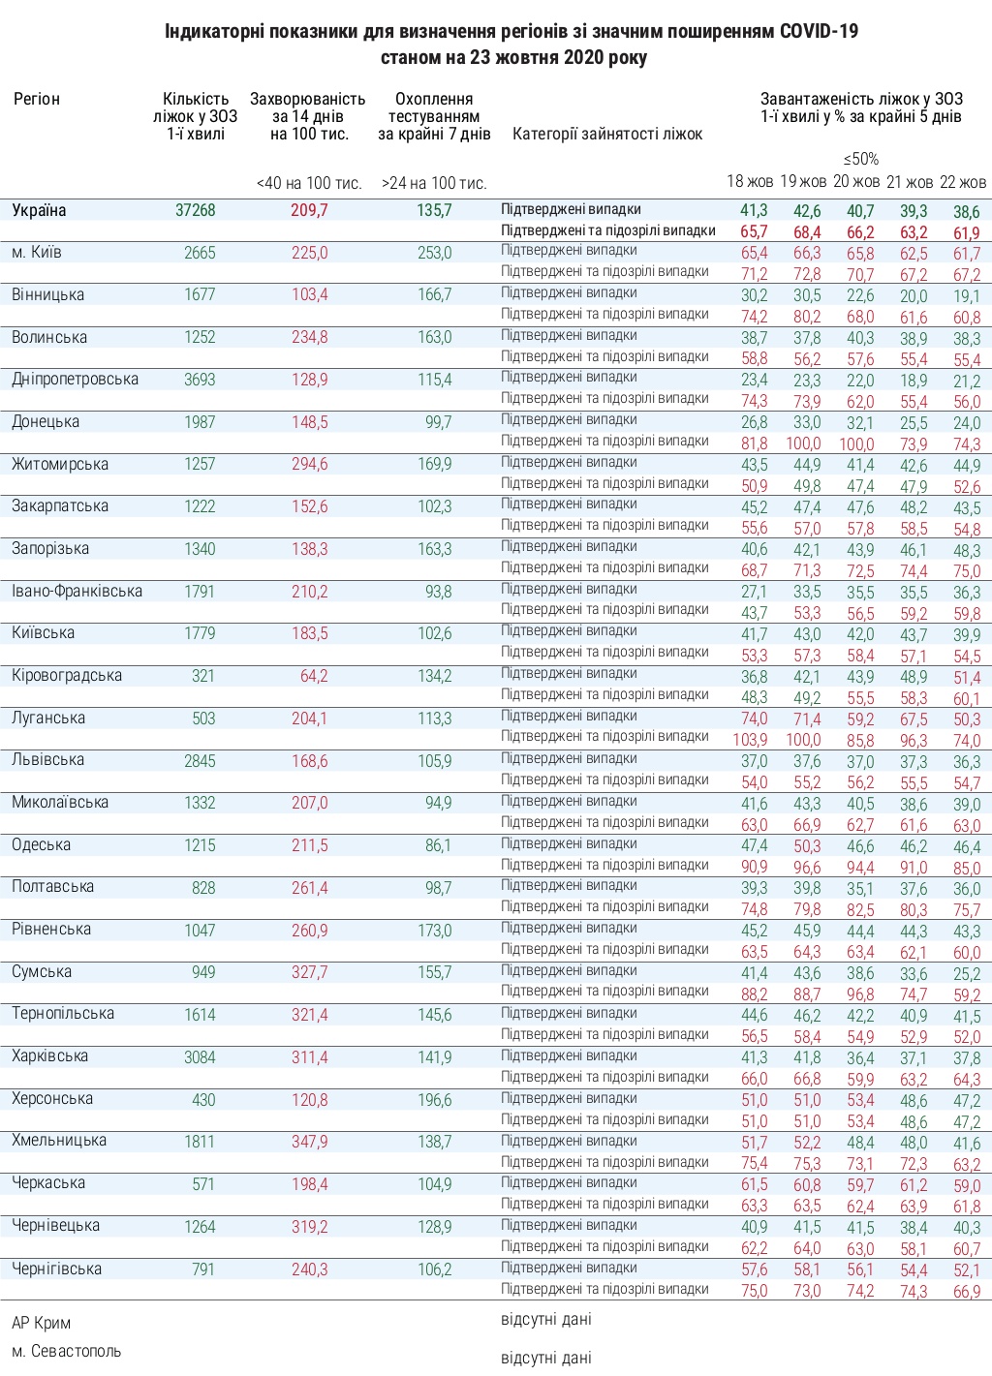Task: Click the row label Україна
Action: pos(39,210)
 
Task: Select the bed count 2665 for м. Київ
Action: pos(200,253)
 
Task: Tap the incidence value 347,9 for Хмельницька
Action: pos(310,1142)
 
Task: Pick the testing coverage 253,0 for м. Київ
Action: pos(435,253)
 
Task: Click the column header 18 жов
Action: pos(750,182)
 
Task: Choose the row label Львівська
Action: pos(47,760)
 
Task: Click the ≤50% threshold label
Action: pos(860,159)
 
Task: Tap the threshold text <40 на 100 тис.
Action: pos(309,183)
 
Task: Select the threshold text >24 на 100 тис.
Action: pos(434,183)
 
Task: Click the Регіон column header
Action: pos(37,99)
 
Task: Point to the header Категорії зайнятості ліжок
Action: pos(607,134)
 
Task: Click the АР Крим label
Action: pos(41,1323)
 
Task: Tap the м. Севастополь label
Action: pos(66,1351)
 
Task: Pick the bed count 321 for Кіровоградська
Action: pos(202,676)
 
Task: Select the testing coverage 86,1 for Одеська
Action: pos(438,845)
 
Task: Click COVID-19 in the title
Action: pos(819,32)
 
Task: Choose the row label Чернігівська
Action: pos(56,1269)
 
